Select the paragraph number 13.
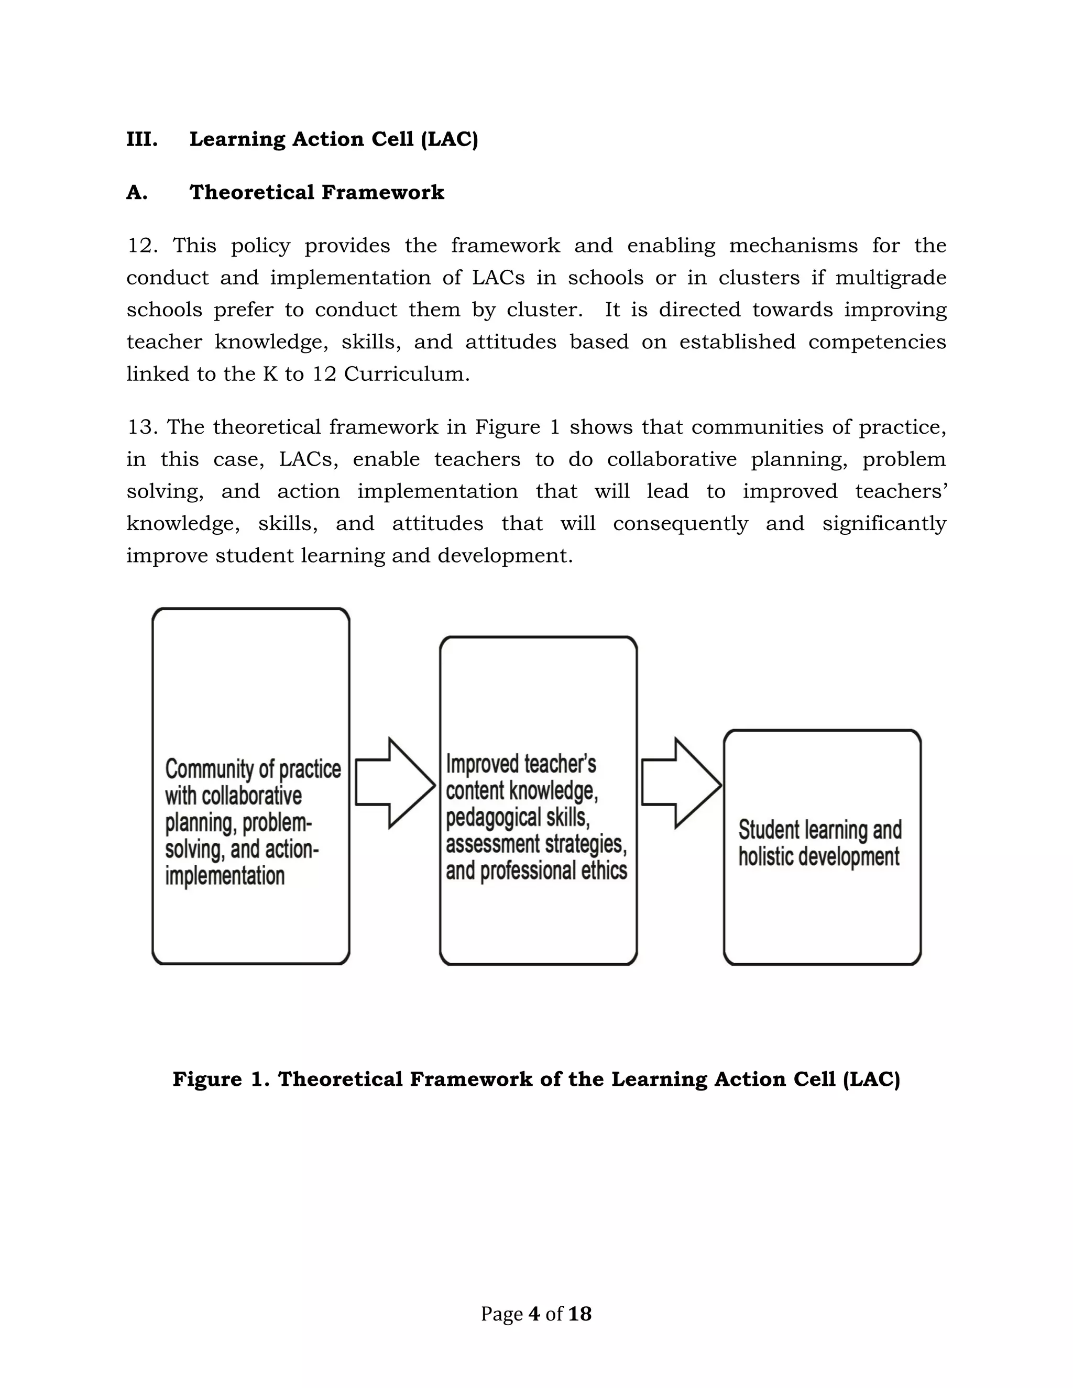coord(142,427)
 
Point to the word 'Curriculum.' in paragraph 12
coord(406,373)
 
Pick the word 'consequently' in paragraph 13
coord(680,524)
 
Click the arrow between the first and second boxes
coord(395,783)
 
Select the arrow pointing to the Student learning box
coord(681,783)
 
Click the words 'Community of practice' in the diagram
coord(253,769)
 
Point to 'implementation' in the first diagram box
coord(225,876)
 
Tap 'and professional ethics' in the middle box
coord(536,871)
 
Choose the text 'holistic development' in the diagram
coord(819,857)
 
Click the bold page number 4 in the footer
coord(534,1314)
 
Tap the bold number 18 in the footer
coord(580,1314)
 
